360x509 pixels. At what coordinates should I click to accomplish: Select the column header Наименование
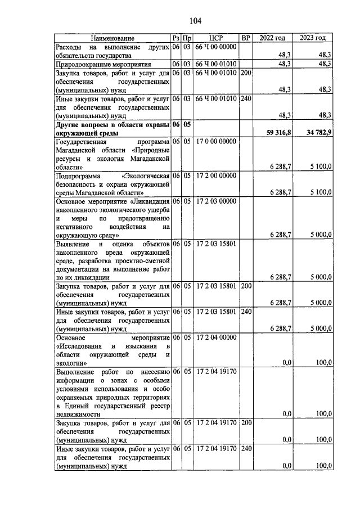point(112,38)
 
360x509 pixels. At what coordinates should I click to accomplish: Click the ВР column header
point(245,38)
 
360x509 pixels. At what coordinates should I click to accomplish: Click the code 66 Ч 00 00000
point(216,47)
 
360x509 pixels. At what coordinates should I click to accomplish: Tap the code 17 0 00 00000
point(216,142)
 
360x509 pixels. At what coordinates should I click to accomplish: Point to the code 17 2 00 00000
point(216,176)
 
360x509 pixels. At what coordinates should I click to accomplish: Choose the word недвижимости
point(79,413)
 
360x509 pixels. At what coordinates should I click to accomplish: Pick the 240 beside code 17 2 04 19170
point(245,449)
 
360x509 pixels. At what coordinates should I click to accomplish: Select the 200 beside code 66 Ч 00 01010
point(245,73)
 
